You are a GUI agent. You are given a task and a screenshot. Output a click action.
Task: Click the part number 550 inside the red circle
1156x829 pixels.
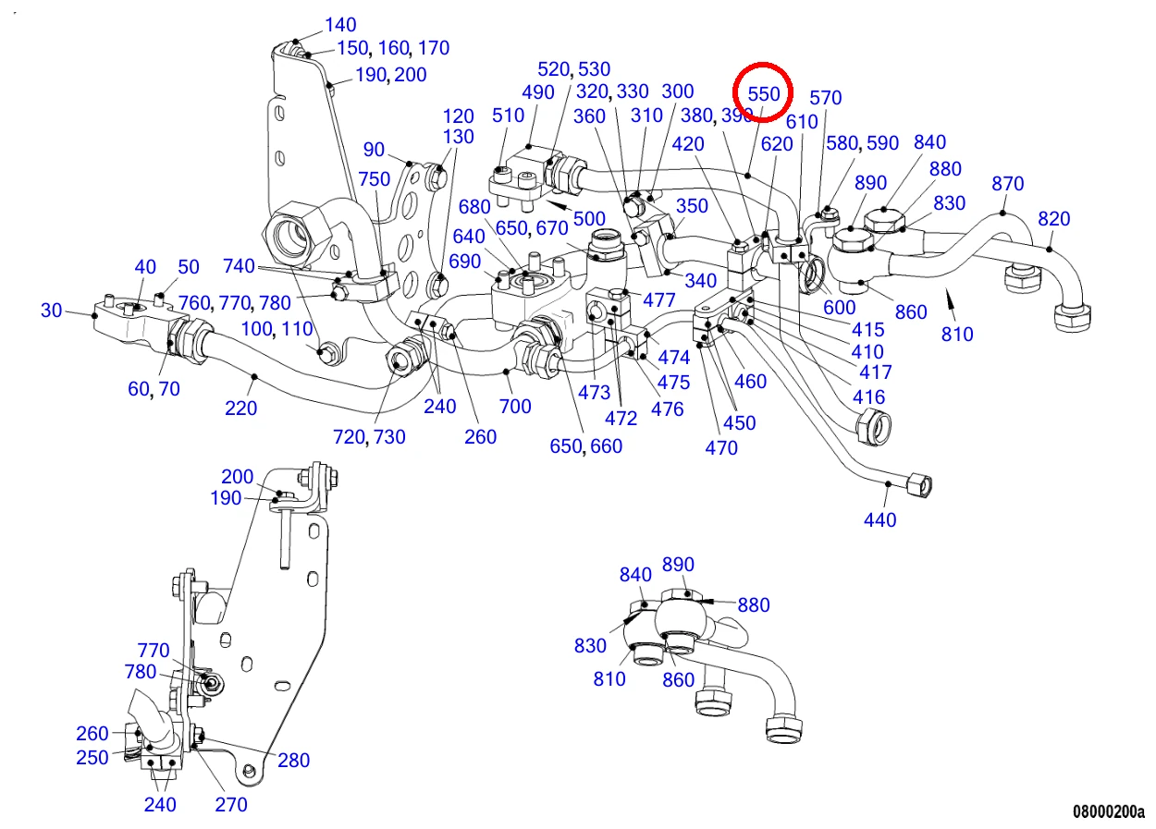click(763, 94)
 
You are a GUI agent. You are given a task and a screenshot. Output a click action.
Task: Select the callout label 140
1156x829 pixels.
click(340, 25)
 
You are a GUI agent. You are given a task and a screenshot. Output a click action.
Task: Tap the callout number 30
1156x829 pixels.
click(51, 310)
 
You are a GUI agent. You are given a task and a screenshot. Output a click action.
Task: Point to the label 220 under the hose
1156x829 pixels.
click(240, 408)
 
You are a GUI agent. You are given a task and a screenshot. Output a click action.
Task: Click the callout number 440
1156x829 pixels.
click(879, 520)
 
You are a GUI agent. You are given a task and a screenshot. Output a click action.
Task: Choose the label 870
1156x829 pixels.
click(1007, 184)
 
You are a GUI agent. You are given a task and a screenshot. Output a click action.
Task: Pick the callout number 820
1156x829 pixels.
click(1054, 219)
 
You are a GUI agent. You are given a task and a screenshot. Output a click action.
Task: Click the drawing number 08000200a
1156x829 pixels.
click(1109, 811)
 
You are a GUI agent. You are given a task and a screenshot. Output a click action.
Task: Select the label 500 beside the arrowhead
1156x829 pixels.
click(589, 219)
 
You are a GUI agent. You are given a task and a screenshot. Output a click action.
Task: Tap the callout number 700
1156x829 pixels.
click(515, 407)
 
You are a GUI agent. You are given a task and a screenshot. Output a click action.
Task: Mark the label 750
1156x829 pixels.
click(375, 179)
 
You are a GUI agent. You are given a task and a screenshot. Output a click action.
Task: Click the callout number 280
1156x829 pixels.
click(293, 761)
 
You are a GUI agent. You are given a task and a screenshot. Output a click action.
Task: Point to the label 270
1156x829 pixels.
click(230, 805)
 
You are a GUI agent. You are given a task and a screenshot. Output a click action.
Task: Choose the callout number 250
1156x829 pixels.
click(92, 758)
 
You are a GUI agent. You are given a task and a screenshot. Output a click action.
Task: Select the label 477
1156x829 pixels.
click(659, 300)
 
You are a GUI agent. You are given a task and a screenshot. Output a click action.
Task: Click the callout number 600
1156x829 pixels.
click(839, 308)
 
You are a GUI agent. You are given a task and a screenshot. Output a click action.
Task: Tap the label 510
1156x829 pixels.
click(508, 116)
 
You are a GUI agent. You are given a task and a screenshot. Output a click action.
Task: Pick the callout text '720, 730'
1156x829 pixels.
click(369, 437)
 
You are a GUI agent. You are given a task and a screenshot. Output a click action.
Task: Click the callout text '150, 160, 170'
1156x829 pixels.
click(393, 48)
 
